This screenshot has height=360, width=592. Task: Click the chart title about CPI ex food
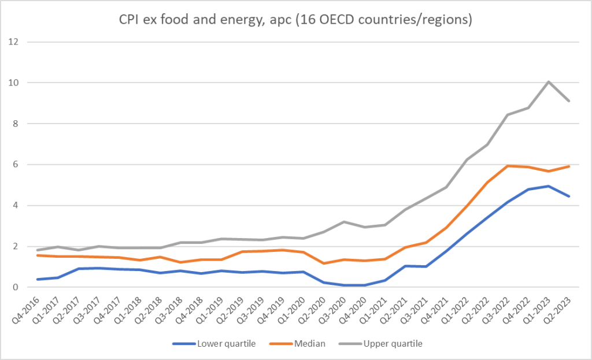click(x=295, y=20)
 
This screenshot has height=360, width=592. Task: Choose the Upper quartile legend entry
click(x=384, y=344)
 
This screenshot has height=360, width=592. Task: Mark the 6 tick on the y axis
click(x=16, y=165)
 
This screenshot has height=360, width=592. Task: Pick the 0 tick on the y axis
click(x=16, y=287)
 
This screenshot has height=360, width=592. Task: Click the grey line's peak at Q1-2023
click(x=548, y=81)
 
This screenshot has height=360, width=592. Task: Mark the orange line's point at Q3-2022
click(x=507, y=166)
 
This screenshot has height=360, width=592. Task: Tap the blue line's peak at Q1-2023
click(x=548, y=186)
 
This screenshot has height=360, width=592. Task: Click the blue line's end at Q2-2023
click(x=569, y=196)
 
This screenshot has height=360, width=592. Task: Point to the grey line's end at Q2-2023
click(x=569, y=101)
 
